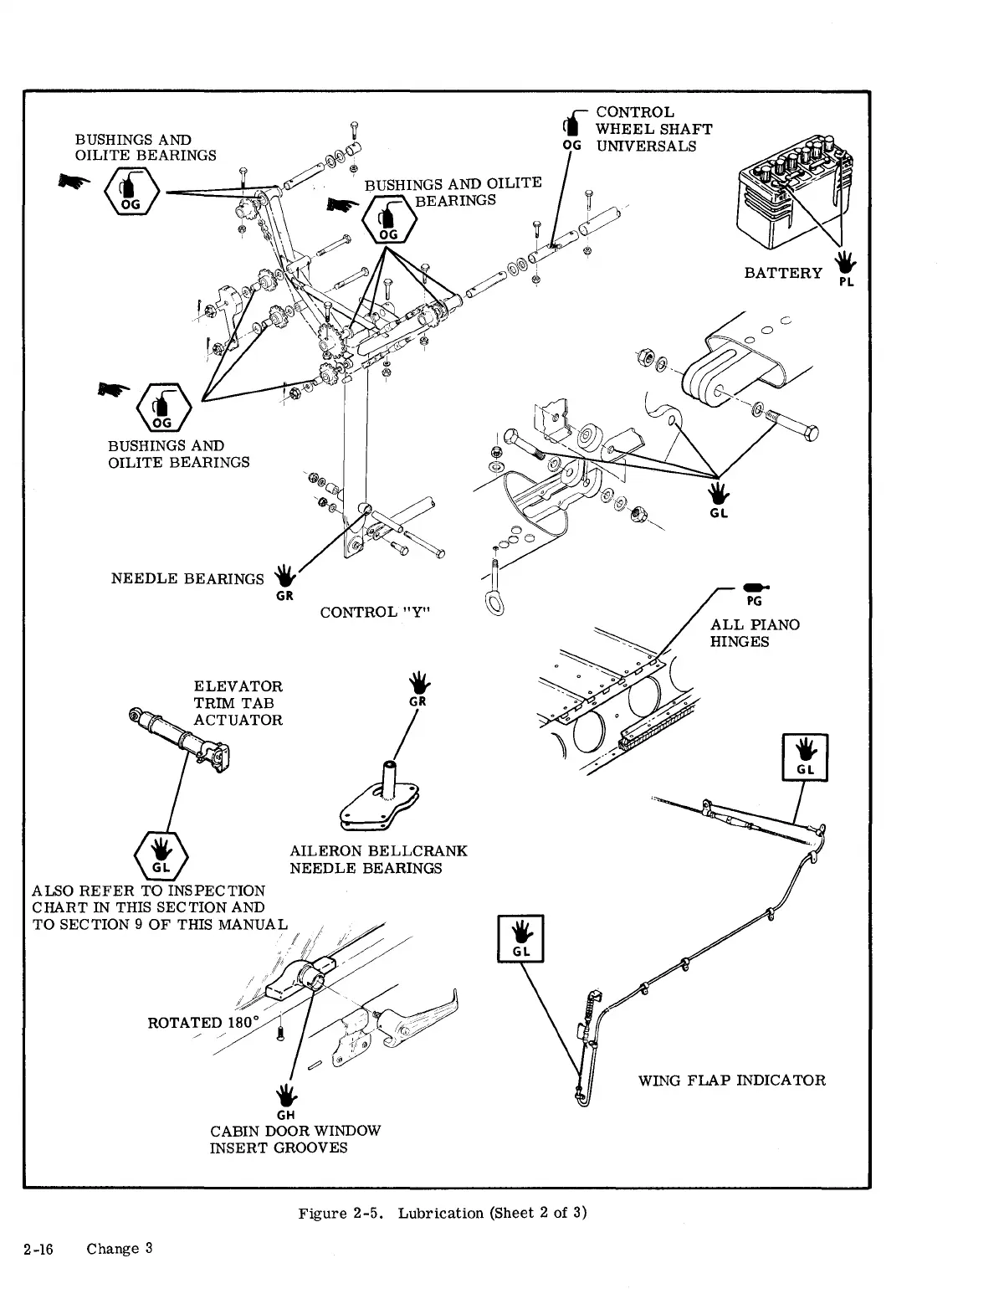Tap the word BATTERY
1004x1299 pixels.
pyautogui.click(x=783, y=273)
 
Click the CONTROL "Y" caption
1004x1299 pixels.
pyautogui.click(x=375, y=612)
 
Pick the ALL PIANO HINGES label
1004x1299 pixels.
pyautogui.click(x=755, y=633)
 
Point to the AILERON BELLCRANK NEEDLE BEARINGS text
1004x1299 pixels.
pyautogui.click(x=378, y=860)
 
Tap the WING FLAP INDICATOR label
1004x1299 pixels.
pyautogui.click(x=731, y=1080)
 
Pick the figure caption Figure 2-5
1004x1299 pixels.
pyautogui.click(x=443, y=1213)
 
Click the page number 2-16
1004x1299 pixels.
pyautogui.click(x=38, y=1249)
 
